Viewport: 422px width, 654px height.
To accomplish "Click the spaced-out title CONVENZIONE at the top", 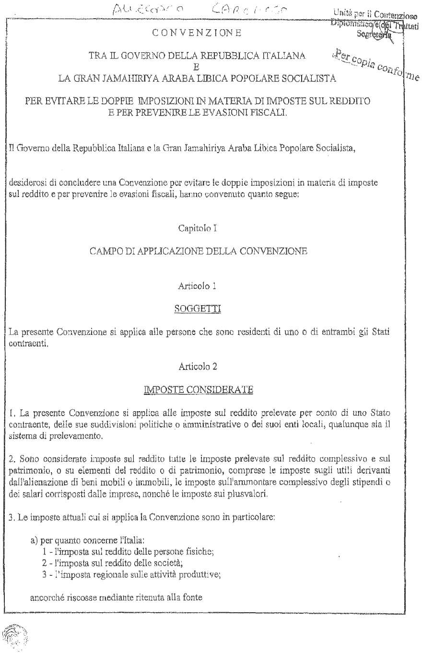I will pos(197,33).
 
